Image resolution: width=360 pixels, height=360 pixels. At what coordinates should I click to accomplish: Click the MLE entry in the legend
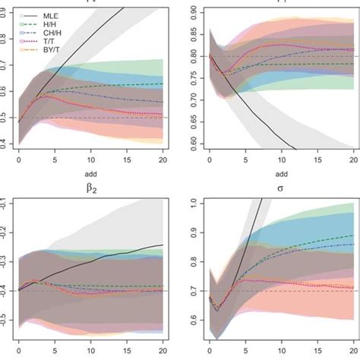click(49, 15)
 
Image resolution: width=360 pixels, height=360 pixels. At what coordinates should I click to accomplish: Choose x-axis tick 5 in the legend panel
click(54, 162)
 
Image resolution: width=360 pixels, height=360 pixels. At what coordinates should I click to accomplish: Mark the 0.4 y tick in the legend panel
click(6, 143)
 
